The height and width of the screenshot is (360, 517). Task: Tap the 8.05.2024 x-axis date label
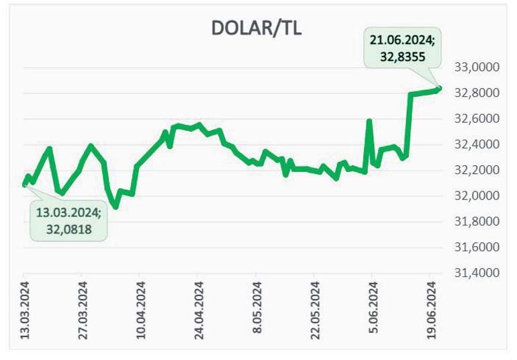(x=256, y=314)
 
